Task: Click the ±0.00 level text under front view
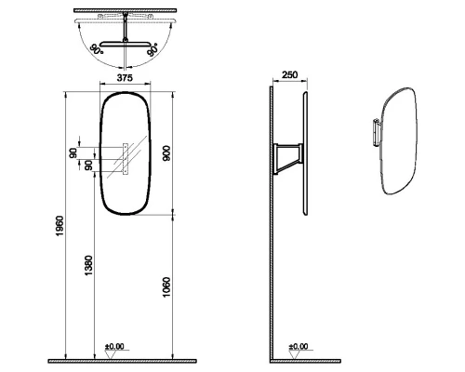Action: [114, 347]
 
